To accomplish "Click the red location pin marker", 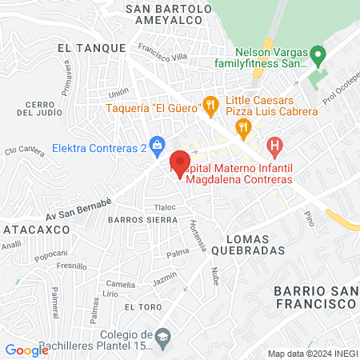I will [x=180, y=160].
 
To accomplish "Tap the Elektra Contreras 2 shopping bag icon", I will [x=158, y=144].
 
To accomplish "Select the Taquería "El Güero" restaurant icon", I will [x=210, y=103].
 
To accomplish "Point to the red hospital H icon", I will [x=275, y=146].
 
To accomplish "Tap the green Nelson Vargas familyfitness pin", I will [x=317, y=57].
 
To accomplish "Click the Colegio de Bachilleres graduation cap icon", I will [x=163, y=334].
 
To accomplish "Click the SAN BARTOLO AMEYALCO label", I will [x=168, y=16].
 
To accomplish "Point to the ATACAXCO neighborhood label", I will [x=34, y=229].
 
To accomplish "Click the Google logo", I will [x=26, y=350].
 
